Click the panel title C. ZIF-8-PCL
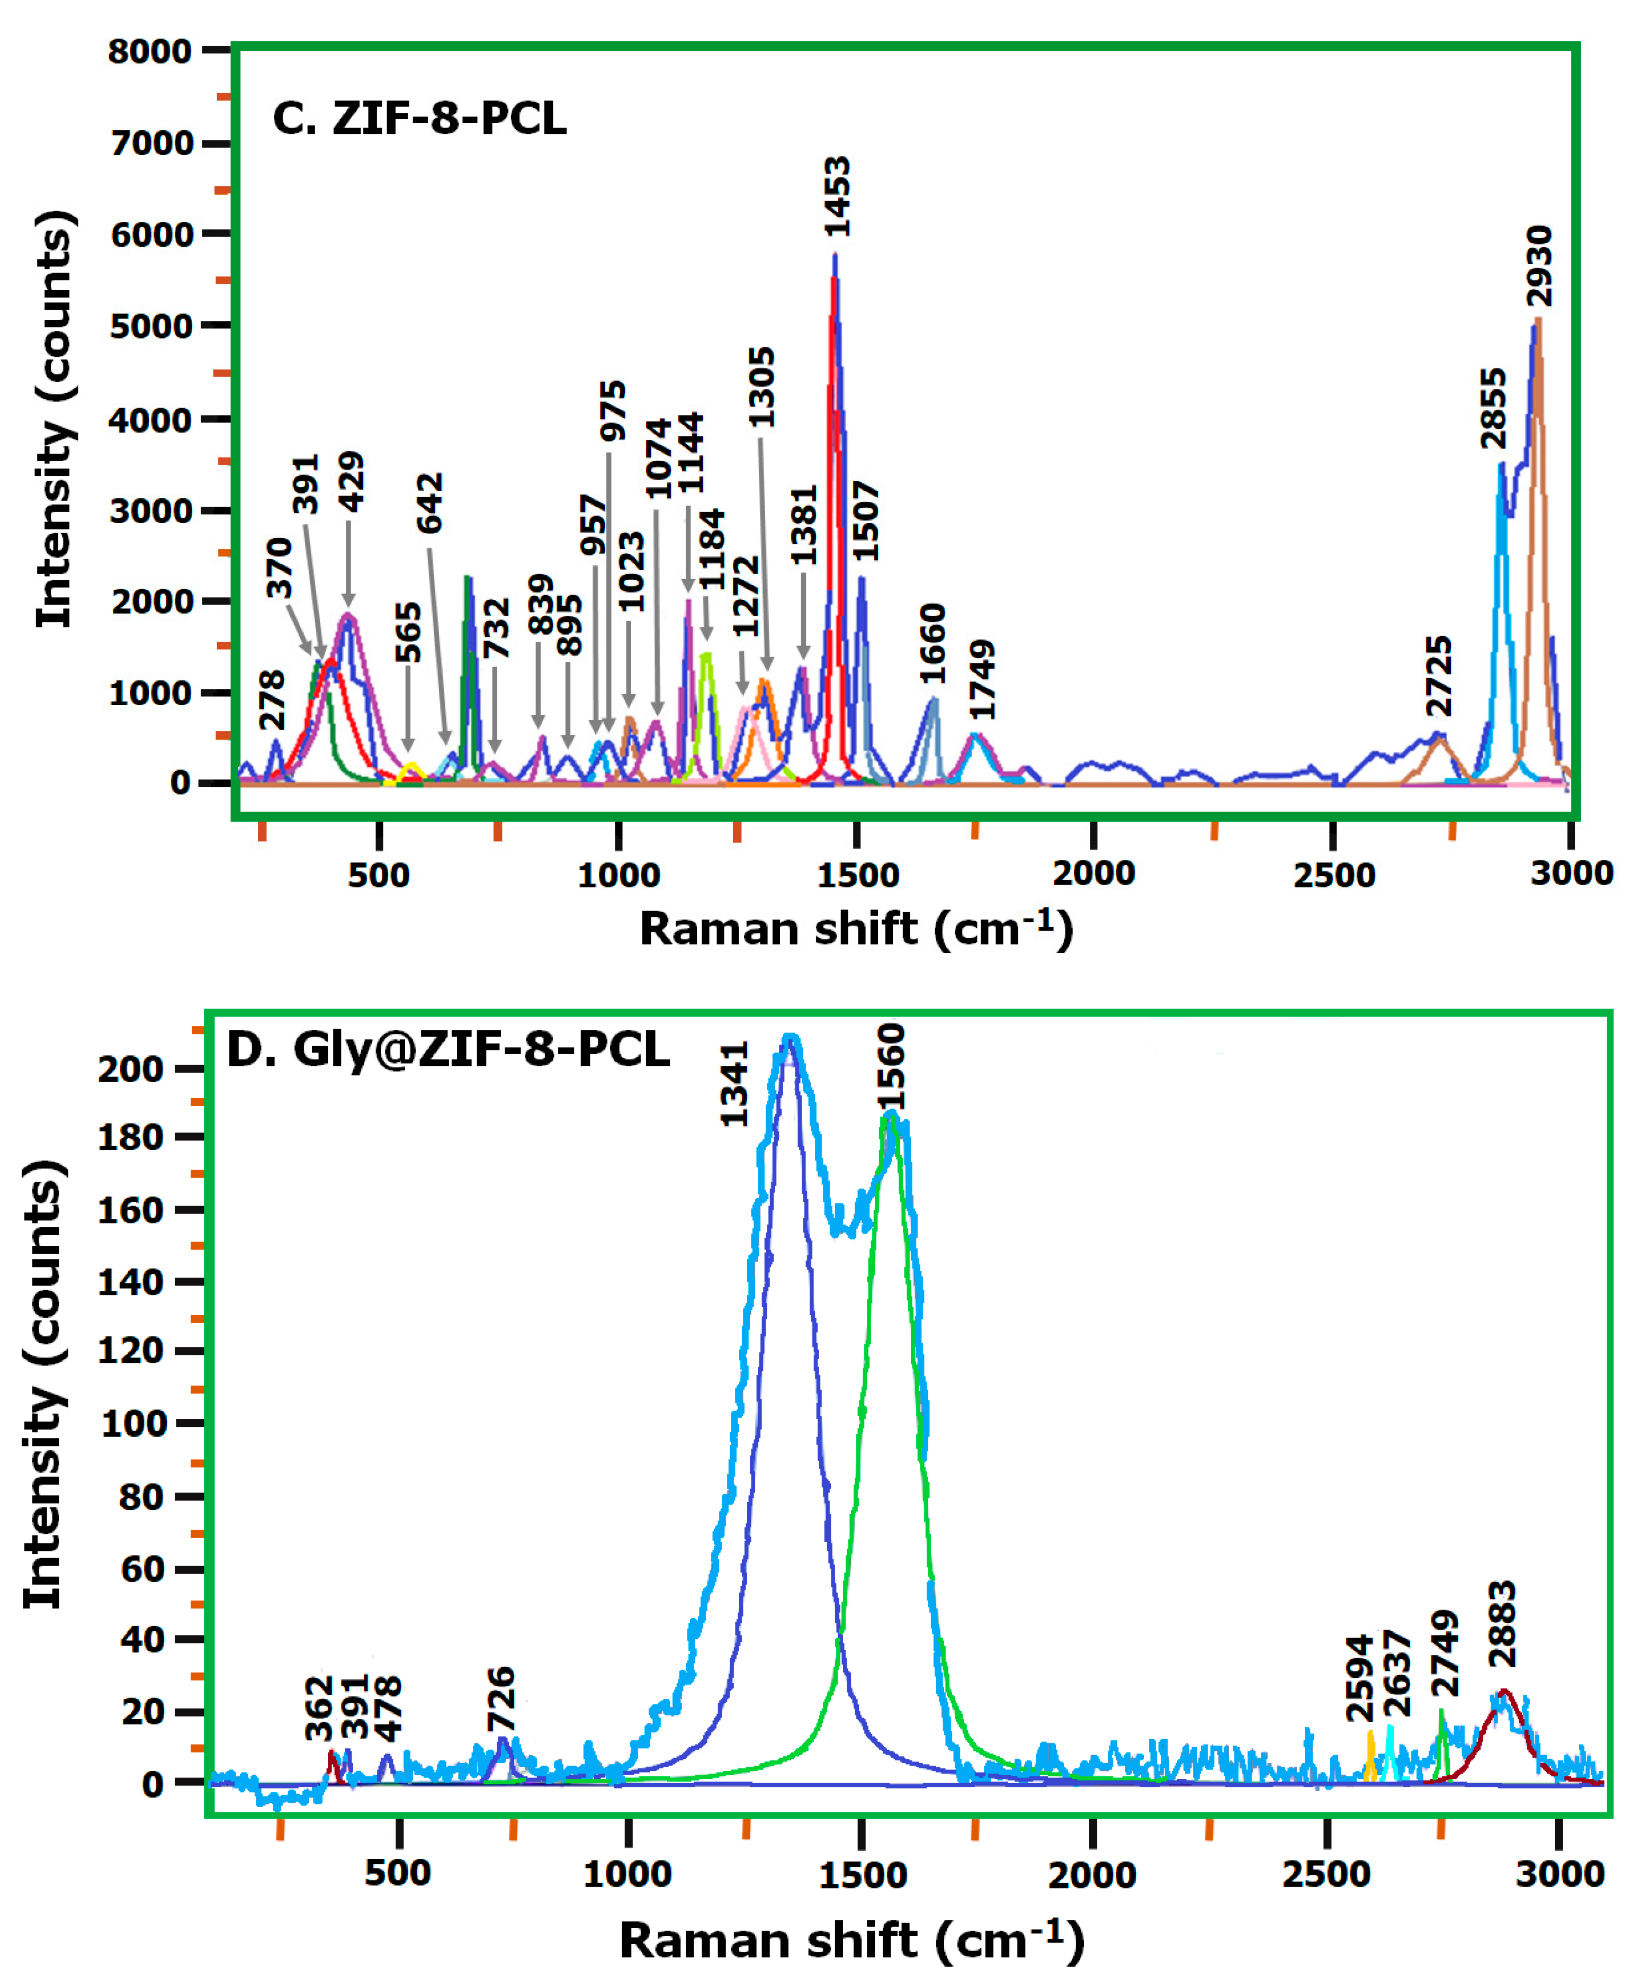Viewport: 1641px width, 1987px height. point(419,119)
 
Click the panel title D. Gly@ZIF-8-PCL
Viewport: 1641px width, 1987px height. point(448,1049)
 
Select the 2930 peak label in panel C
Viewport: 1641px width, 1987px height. point(1539,266)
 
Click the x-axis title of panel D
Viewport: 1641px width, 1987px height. point(851,1941)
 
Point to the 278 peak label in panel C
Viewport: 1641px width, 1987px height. point(272,699)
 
